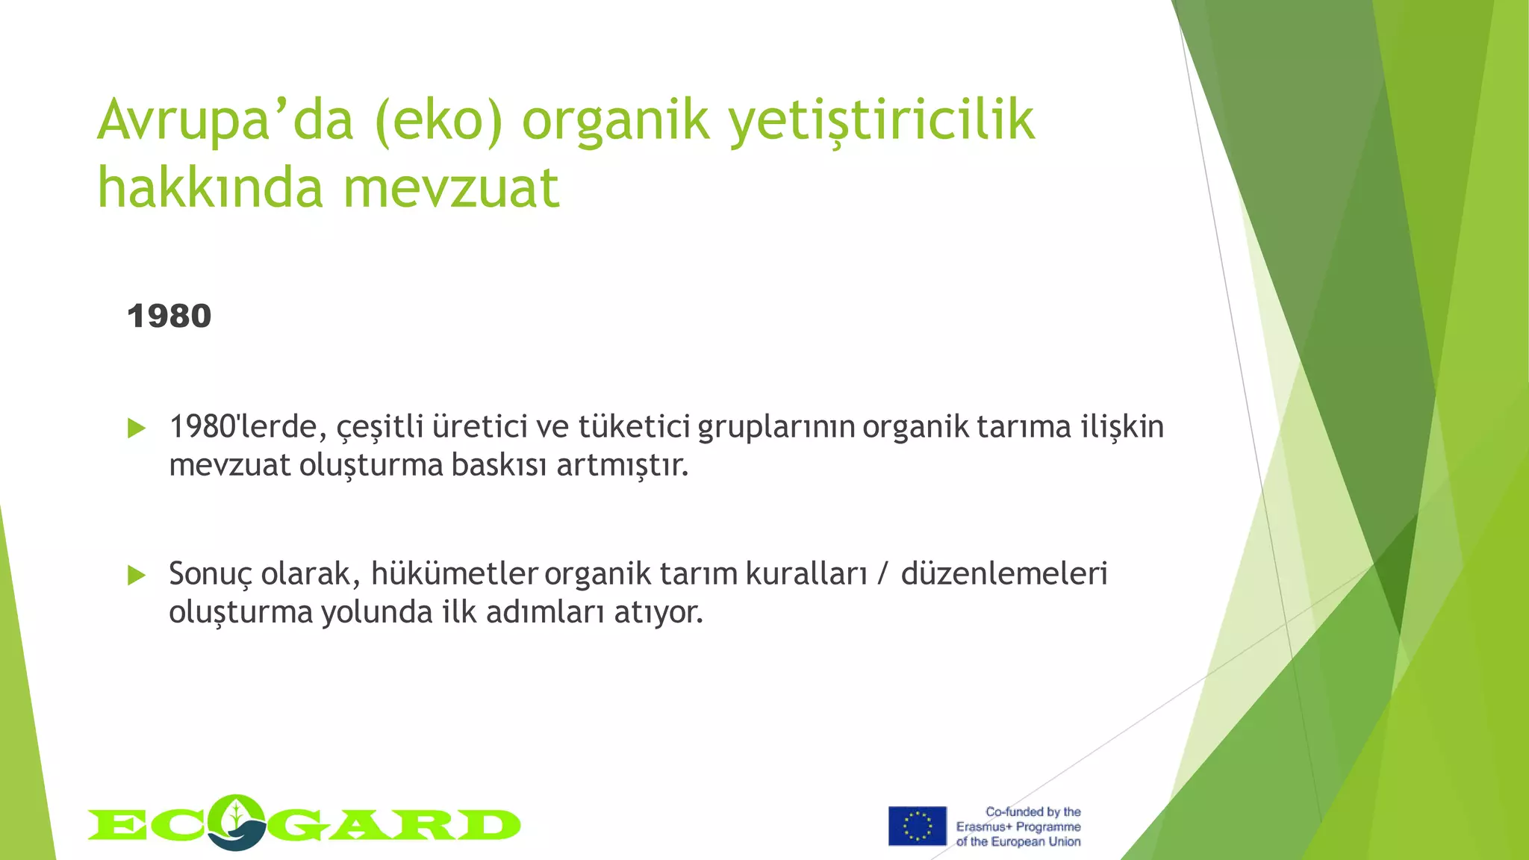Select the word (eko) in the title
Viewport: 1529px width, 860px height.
coord(438,121)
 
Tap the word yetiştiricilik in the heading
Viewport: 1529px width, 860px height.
coord(882,121)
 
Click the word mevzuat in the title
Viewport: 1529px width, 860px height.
coord(451,188)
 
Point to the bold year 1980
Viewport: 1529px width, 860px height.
coord(169,317)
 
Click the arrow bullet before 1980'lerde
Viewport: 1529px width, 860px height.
coord(137,429)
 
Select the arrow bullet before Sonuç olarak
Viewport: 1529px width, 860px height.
coord(137,576)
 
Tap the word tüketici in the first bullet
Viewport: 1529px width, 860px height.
coord(634,428)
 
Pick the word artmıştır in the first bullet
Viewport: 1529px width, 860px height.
coord(622,466)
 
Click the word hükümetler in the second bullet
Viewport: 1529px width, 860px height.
coord(454,574)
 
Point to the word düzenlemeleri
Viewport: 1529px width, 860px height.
coord(1003,574)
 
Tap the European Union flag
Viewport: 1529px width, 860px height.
coord(917,826)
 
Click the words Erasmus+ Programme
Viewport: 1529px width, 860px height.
coord(1018,827)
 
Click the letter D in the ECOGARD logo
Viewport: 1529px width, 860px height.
coord(489,826)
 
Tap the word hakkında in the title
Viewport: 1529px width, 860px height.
coord(209,188)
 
